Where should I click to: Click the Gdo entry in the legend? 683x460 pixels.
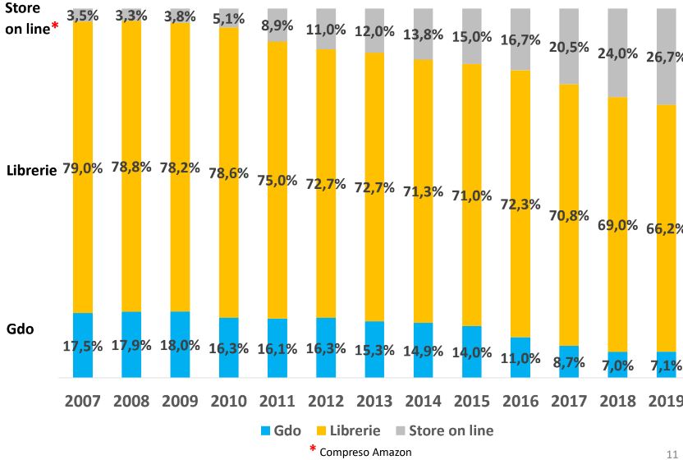pyautogui.click(x=278, y=430)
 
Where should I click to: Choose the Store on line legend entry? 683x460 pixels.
pyautogui.click(x=442, y=430)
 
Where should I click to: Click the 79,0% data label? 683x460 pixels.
pyautogui.click(x=82, y=168)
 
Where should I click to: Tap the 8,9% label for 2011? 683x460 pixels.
pyautogui.click(x=277, y=25)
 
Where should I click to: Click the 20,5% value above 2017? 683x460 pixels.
pyautogui.click(x=568, y=48)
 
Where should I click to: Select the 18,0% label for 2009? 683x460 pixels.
pyautogui.click(x=180, y=344)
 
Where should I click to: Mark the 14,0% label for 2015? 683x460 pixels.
pyautogui.click(x=471, y=352)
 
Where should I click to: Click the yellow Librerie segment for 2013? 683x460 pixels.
pyautogui.click(x=374, y=246)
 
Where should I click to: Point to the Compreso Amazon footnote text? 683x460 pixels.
pyautogui.click(x=365, y=451)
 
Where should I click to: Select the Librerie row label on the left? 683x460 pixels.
pyautogui.click(x=30, y=172)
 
